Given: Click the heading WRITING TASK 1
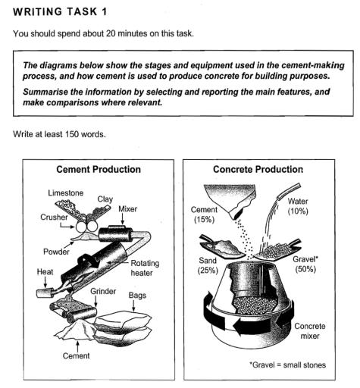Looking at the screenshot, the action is [60, 12].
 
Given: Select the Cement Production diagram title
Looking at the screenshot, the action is [99, 169].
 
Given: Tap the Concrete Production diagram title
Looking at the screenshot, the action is [258, 169].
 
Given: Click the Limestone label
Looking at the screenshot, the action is [66, 193].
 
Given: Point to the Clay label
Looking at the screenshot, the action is [105, 199].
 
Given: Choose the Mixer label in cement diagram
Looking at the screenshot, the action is [128, 209].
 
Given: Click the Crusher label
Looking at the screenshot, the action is [54, 217].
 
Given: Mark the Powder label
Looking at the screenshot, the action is [56, 252].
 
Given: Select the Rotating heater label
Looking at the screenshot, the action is [145, 268].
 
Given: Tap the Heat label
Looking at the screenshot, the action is [45, 272].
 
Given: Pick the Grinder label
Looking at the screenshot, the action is [103, 291].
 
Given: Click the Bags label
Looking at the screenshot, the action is [137, 295].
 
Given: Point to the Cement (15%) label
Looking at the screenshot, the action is [204, 214].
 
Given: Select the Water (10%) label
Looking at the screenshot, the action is [298, 206].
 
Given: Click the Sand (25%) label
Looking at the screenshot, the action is [208, 265].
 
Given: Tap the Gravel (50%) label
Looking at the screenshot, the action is [305, 264].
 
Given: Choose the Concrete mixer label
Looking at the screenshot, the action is [310, 331].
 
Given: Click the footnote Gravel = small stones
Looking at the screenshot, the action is [287, 365].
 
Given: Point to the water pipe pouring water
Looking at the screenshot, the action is [290, 191].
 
